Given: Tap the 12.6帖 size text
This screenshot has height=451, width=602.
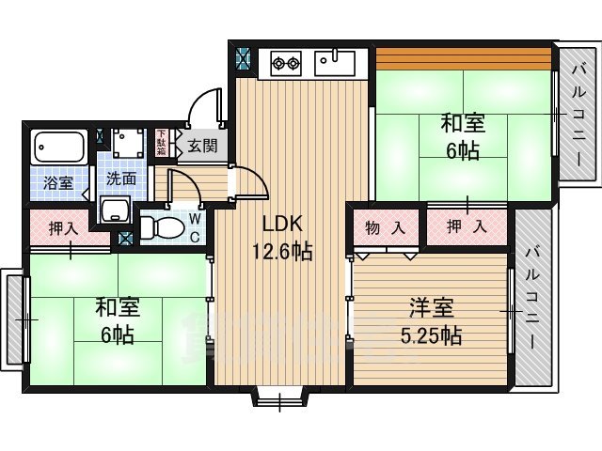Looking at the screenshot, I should tap(280, 251).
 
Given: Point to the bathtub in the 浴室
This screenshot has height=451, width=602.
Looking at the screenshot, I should tap(58, 148).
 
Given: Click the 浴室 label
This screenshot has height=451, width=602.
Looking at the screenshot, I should tap(58, 182).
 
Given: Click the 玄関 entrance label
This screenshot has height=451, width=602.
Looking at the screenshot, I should tap(200, 146).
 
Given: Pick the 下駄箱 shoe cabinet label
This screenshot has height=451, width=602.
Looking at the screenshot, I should tap(161, 143).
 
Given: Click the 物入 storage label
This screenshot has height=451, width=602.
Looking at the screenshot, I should tap(386, 226).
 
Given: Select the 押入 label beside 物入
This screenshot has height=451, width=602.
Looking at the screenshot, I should tap(467, 226).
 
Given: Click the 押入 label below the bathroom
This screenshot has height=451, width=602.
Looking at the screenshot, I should tap(62, 228).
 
